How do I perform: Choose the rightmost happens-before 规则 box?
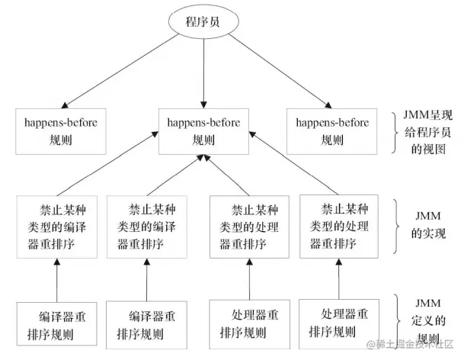[x=332, y=130]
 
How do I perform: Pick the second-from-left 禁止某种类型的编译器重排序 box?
[x=146, y=225]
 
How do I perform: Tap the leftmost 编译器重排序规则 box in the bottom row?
[x=56, y=323]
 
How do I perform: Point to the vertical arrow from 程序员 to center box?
[x=203, y=72]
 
